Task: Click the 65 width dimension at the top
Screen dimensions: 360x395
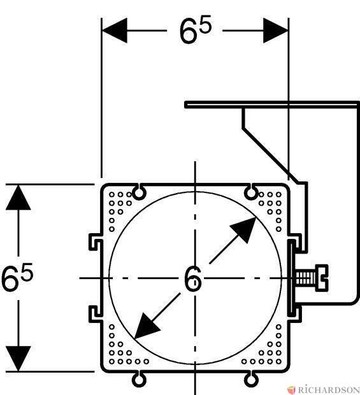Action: click(x=195, y=30)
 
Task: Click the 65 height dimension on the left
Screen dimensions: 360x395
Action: click(x=17, y=276)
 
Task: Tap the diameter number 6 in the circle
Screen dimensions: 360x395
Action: click(x=193, y=278)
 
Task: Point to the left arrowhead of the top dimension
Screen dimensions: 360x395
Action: click(x=115, y=31)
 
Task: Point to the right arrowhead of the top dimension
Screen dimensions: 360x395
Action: click(x=275, y=31)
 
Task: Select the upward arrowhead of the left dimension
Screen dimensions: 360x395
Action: click(x=18, y=197)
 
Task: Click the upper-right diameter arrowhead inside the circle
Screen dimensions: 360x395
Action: click(x=243, y=230)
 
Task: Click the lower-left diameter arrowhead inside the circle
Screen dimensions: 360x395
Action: click(x=147, y=326)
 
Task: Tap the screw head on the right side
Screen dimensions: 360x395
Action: click(x=322, y=278)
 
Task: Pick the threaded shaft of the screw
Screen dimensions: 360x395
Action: click(x=305, y=278)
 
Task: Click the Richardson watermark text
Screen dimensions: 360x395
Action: click(x=329, y=390)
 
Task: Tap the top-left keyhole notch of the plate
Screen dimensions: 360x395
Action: click(x=139, y=192)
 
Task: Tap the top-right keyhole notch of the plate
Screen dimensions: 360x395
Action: click(x=251, y=192)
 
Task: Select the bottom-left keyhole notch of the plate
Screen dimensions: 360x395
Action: click(x=139, y=379)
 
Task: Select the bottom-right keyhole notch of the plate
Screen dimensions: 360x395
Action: click(x=251, y=379)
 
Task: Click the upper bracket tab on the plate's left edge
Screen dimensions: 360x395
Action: click(x=96, y=242)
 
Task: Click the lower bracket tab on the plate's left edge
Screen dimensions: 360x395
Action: click(x=96, y=313)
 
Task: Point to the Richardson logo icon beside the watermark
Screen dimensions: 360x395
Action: click(x=291, y=389)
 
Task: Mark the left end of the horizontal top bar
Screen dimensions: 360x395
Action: click(x=185, y=104)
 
